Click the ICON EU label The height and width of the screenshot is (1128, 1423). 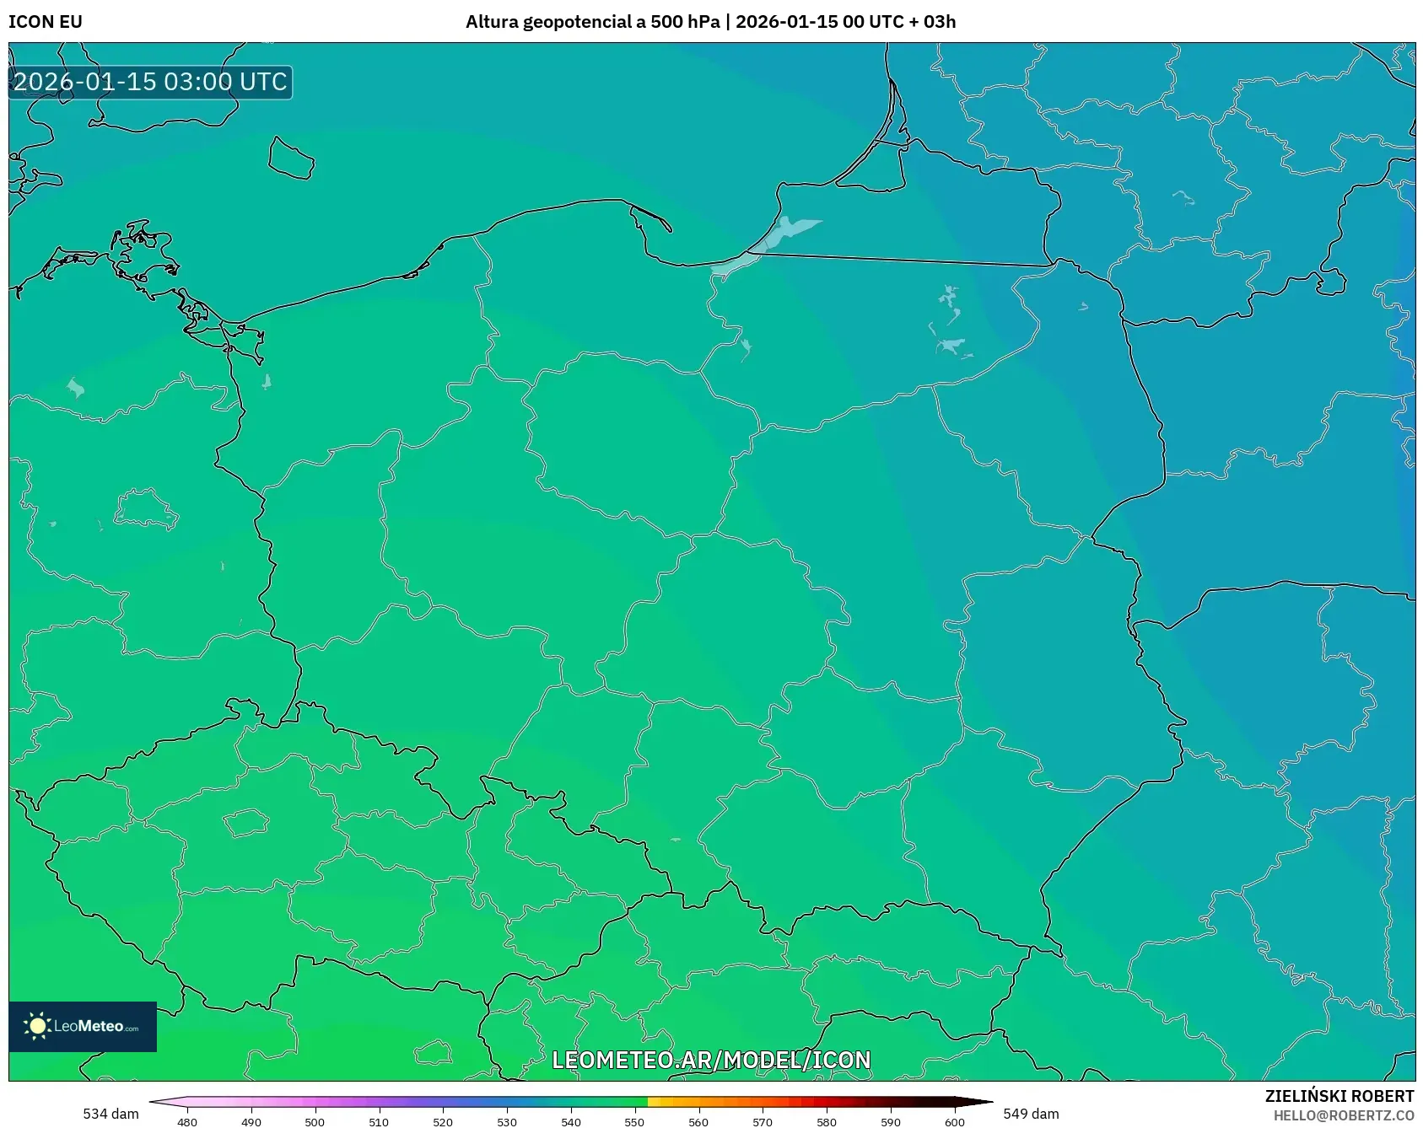46,22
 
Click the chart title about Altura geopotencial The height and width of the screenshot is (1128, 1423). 710,22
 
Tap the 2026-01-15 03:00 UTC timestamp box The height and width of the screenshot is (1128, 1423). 150,82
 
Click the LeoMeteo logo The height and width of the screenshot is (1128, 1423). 83,1026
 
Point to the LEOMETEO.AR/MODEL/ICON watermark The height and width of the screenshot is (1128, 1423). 711,1060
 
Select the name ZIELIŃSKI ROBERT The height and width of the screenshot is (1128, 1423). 1339,1096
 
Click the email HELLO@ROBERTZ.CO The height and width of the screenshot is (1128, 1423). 1343,1115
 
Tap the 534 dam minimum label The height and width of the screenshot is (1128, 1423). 110,1114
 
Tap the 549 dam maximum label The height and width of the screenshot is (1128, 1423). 1031,1114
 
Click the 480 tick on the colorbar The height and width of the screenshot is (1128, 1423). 187,1122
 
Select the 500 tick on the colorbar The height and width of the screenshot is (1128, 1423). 315,1122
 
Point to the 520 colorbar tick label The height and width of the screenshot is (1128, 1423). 443,1122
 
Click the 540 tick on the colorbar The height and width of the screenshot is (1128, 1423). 571,1122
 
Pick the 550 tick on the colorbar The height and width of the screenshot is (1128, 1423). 634,1122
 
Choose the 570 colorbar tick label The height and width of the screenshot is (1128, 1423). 763,1122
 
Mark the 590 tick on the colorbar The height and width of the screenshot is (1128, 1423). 891,1122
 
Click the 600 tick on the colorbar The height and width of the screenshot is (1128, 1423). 955,1122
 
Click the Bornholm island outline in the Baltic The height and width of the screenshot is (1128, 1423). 291,158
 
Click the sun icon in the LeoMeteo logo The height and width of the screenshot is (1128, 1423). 37,1026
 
